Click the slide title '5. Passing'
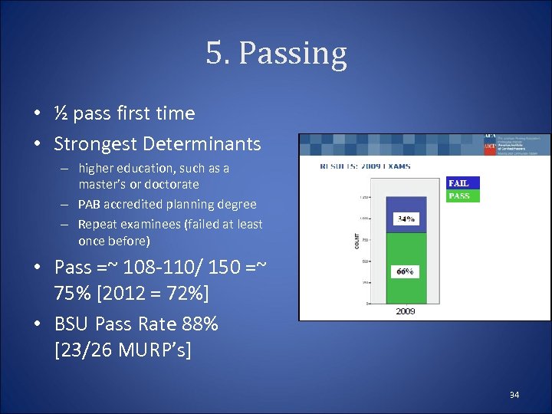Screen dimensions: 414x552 pos(276,53)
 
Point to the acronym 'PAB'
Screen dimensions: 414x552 pos(90,205)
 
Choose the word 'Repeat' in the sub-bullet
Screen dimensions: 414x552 pos(96,225)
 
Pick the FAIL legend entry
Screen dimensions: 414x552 pos(459,183)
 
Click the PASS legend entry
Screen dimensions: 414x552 pos(459,195)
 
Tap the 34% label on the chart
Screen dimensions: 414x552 pos(406,219)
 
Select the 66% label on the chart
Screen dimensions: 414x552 pos(406,271)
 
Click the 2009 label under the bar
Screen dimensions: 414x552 pos(406,311)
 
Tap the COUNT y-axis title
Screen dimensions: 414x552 pos(357,241)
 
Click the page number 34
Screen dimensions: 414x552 pos(514,394)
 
